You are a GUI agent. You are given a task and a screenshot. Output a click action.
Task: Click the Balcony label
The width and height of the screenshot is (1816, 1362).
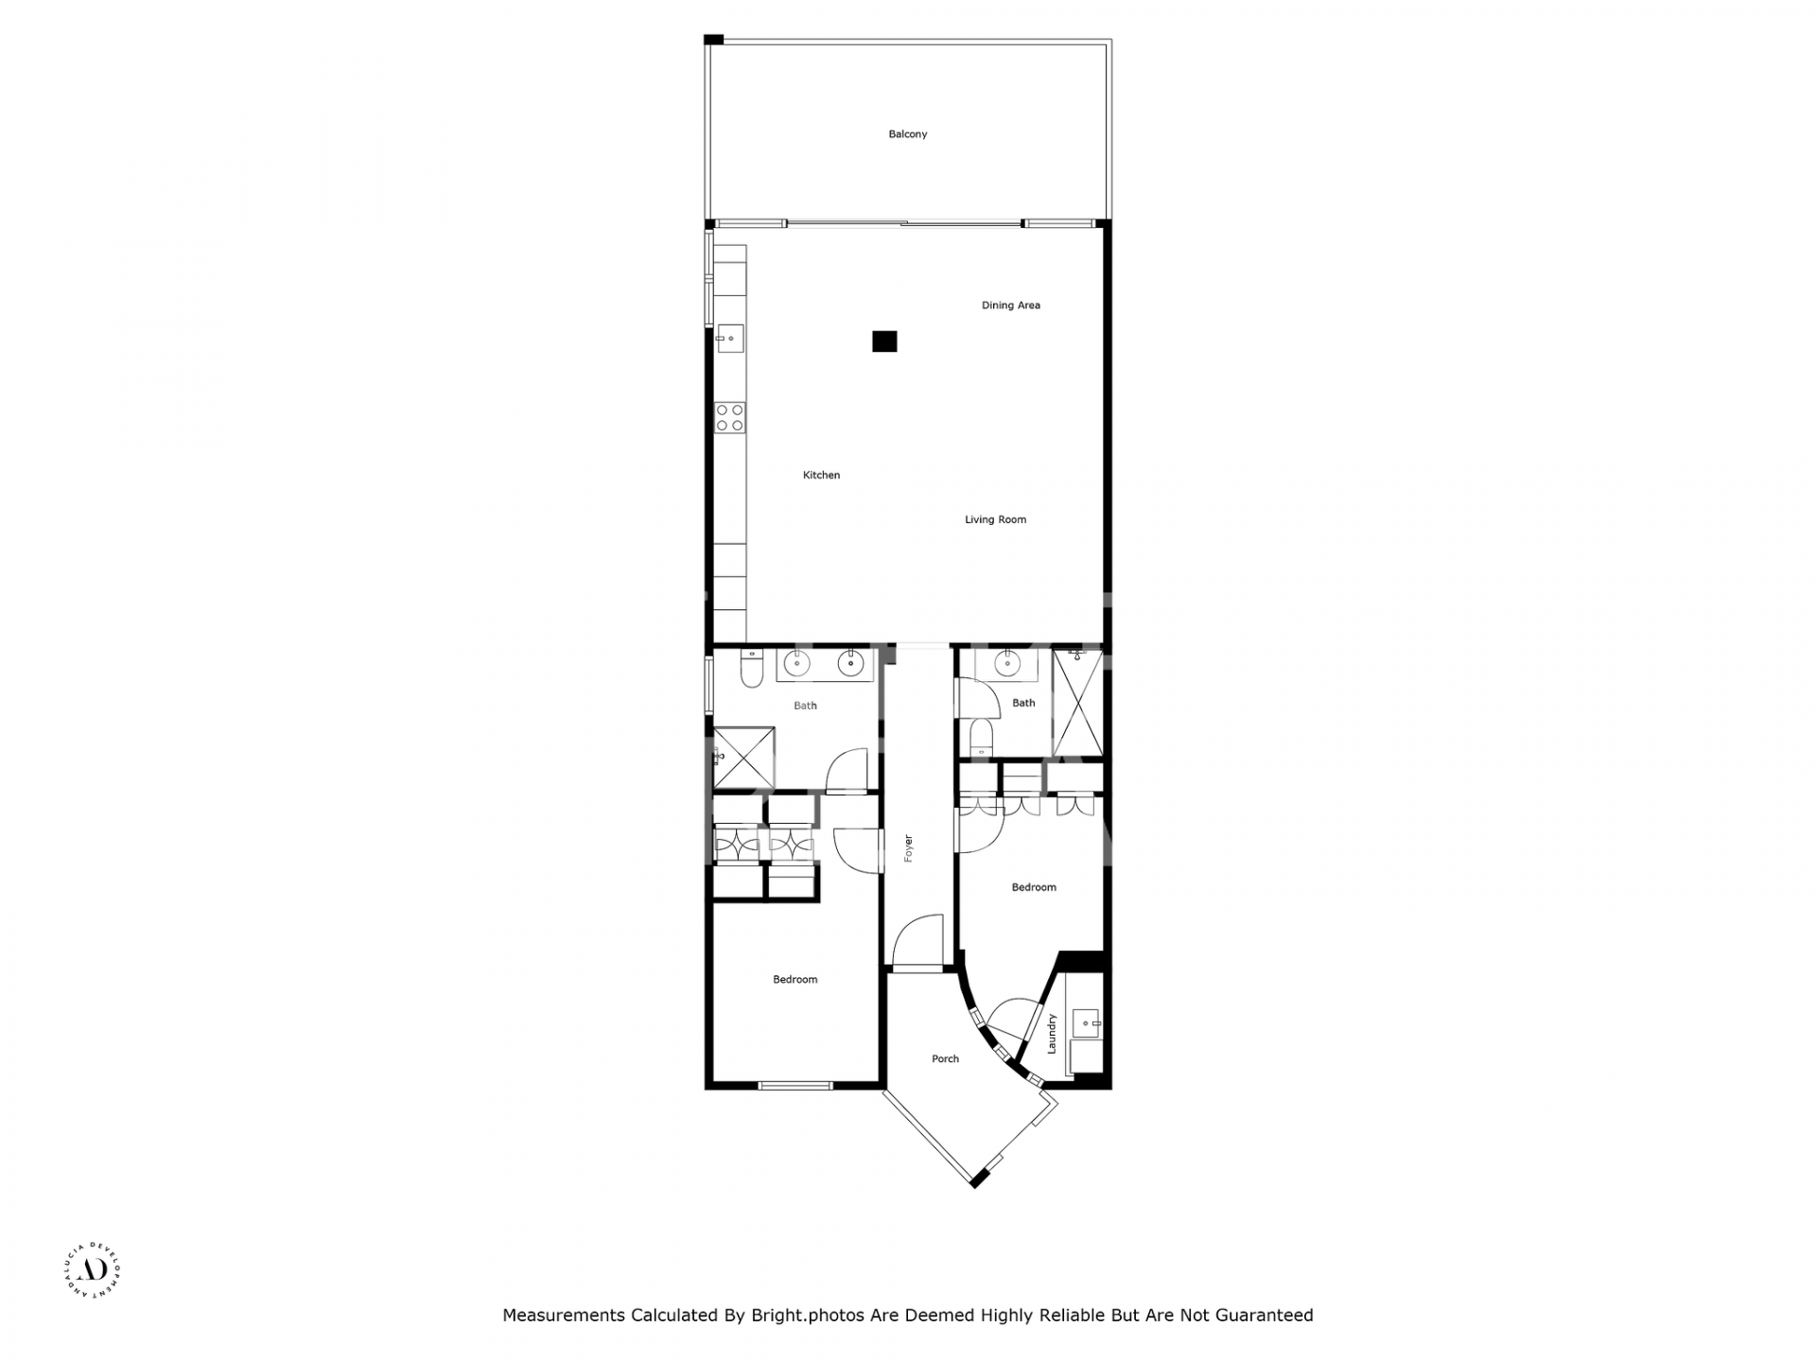(907, 134)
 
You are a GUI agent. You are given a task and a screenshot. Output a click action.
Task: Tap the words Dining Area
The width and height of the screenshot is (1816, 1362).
(1010, 306)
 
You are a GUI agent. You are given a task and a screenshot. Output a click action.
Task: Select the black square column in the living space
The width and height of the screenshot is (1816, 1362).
(883, 341)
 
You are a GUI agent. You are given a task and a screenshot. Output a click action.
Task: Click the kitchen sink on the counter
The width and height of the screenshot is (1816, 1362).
(730, 338)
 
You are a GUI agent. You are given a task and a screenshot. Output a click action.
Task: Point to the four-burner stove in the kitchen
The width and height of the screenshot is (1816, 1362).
(729, 417)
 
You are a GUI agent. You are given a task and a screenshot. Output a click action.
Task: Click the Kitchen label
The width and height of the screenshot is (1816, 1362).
(821, 475)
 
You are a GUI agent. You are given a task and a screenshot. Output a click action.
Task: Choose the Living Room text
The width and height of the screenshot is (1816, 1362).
(995, 519)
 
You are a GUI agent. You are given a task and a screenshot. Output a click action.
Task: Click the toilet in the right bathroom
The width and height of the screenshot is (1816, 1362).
(981, 735)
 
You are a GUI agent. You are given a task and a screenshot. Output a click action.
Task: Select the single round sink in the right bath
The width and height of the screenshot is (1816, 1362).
(1007, 665)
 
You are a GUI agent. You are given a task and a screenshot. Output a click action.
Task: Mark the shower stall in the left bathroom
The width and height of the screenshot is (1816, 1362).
(743, 757)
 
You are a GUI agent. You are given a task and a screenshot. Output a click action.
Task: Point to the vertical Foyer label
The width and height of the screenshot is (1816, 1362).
(908, 847)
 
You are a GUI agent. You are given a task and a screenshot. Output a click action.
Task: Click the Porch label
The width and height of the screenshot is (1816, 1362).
(945, 1058)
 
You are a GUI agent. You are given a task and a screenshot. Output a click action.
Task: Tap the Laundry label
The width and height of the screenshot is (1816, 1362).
(1051, 1034)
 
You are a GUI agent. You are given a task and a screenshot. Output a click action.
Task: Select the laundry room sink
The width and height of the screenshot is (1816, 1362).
(1086, 1021)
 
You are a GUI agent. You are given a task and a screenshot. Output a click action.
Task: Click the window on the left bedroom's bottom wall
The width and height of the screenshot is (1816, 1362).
(795, 1085)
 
